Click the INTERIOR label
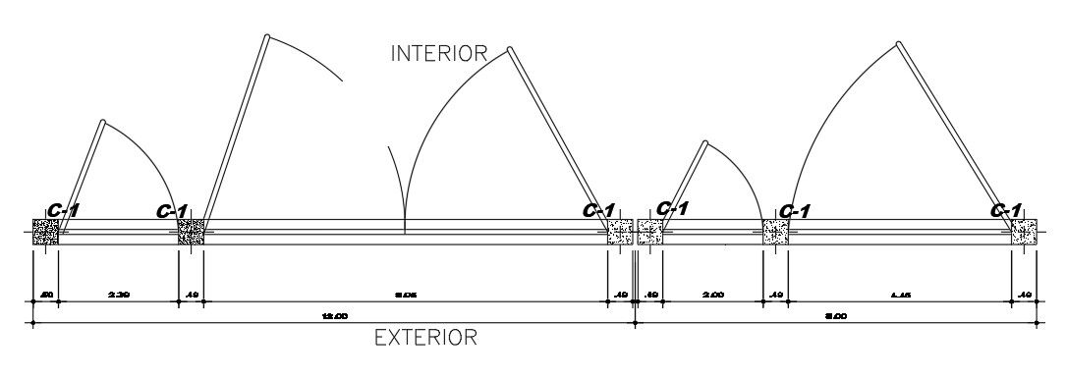pyautogui.click(x=439, y=53)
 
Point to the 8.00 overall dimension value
pyautogui.click(x=835, y=315)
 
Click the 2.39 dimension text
pyautogui.click(x=118, y=294)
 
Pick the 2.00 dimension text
pyautogui.click(x=713, y=294)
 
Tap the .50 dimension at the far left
pyautogui.click(x=45, y=294)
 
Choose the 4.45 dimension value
pyautogui.click(x=898, y=294)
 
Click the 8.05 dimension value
pyautogui.click(x=406, y=294)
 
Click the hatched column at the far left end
pyautogui.click(x=45, y=233)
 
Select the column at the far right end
pyautogui.click(x=1025, y=233)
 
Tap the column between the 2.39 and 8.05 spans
pyautogui.click(x=191, y=233)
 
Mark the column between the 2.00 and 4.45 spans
pyautogui.click(x=775, y=233)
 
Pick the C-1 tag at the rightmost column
pyautogui.click(x=1005, y=211)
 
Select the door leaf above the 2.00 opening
pyautogui.click(x=682, y=183)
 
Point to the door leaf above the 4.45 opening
pyautogui.click(x=956, y=134)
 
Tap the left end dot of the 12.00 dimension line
pyautogui.click(x=33, y=322)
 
